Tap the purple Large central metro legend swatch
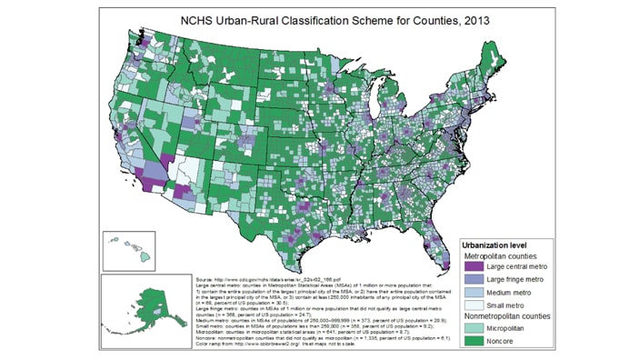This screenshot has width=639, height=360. (474, 267)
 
